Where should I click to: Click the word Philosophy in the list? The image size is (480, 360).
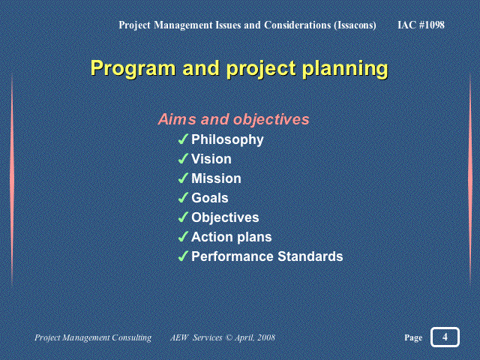tap(227, 140)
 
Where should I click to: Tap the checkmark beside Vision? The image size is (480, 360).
tap(183, 158)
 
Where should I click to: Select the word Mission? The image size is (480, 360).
tap(216, 178)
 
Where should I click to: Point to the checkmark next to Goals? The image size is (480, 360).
tap(183, 198)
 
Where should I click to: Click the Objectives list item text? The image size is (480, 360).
tap(225, 218)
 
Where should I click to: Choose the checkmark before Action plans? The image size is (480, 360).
tap(183, 237)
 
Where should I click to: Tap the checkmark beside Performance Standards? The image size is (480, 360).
tap(183, 256)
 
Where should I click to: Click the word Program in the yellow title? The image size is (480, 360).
tap(133, 68)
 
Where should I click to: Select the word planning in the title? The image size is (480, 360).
tap(345, 68)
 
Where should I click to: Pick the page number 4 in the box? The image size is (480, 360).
tap(445, 337)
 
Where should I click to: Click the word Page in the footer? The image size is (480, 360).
tap(413, 337)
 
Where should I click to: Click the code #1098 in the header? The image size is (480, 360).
tap(432, 25)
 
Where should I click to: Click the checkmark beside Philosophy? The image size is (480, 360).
tap(183, 139)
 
